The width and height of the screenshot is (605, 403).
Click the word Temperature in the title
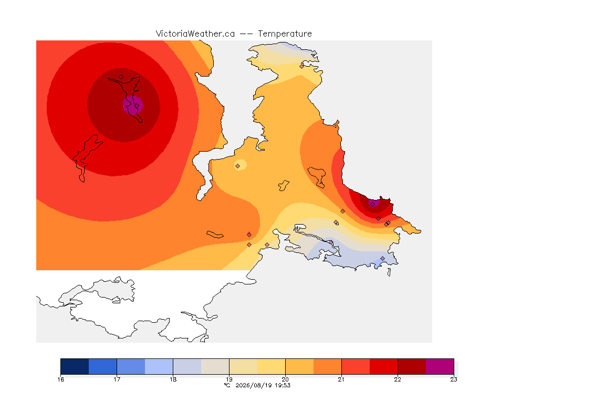coord(285,34)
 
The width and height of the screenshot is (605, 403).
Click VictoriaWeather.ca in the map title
coord(195,34)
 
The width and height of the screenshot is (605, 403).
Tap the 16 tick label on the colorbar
coord(60,379)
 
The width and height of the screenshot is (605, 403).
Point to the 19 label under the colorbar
coord(229,379)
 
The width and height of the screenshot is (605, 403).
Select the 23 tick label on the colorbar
coord(454,379)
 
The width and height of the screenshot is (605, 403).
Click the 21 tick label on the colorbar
coord(341,379)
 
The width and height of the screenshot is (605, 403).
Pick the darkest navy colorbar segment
coord(75,366)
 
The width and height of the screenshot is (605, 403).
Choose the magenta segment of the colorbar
coord(440,366)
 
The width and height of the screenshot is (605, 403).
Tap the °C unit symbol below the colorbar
coord(227,385)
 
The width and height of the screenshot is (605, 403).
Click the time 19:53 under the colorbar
coord(283,385)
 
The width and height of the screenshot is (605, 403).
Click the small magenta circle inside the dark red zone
coord(133,104)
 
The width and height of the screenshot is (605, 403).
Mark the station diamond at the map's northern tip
coord(302,66)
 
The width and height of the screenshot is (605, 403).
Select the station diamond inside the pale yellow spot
coord(238,166)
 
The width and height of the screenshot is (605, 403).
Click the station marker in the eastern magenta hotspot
coord(373,205)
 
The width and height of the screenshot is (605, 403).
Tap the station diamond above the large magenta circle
coord(121,77)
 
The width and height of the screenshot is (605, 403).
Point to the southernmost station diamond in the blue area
coord(383,258)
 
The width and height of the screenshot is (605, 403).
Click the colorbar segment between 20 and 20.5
coord(299,366)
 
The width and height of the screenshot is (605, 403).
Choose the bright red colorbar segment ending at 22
coord(383,366)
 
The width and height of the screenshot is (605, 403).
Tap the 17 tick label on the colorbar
coord(117,379)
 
